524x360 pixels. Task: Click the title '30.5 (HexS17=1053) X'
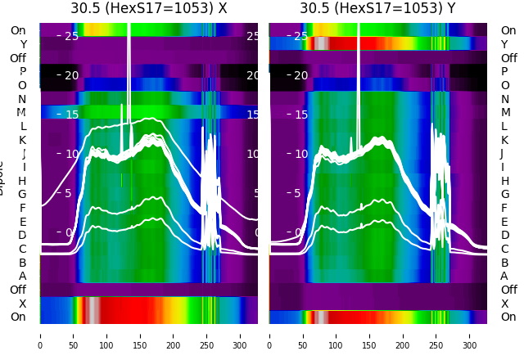point(148,9)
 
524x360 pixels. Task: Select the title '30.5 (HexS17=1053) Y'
point(377,9)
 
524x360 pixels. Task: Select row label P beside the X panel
point(23,72)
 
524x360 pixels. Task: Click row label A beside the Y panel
point(504,277)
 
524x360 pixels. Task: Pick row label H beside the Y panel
point(504,181)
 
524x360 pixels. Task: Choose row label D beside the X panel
point(23,236)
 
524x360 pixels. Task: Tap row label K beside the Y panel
point(504,140)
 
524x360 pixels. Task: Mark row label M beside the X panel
point(22,113)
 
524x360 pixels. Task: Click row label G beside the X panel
point(23,195)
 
